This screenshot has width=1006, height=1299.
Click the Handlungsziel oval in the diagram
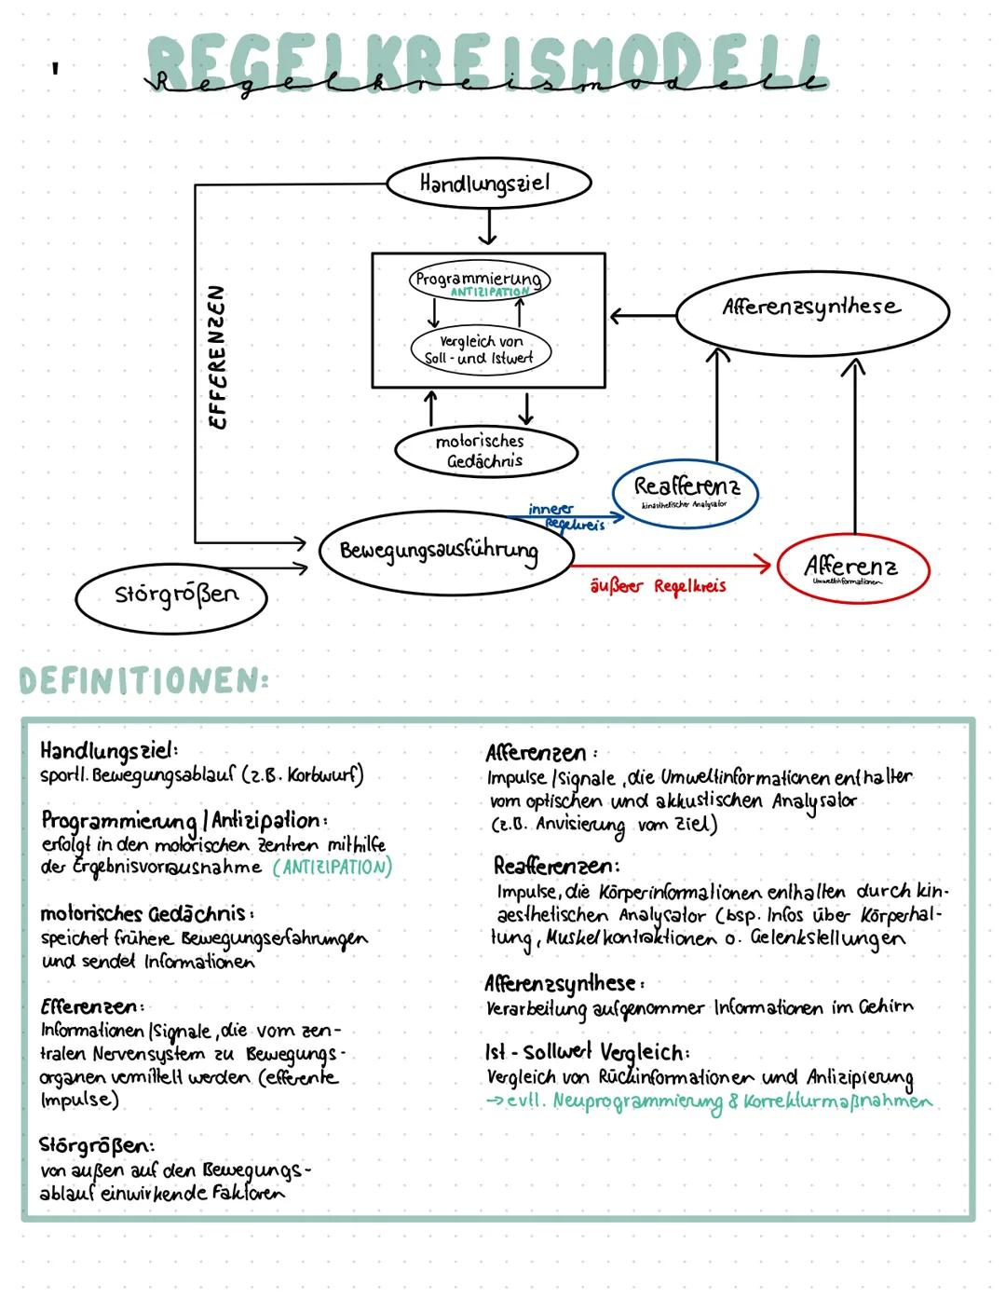pos(488,184)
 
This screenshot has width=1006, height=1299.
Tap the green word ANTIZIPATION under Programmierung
pos(490,293)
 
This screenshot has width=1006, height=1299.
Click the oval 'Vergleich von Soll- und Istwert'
pos(481,349)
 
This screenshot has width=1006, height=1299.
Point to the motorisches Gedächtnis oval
pos(485,451)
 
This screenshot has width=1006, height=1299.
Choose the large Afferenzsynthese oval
pos(811,309)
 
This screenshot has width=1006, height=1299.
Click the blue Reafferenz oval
pos(686,490)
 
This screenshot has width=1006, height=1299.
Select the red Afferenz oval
pos(850,567)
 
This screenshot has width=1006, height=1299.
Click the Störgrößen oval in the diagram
pos(172,595)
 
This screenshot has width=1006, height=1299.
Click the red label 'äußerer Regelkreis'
pos(658,586)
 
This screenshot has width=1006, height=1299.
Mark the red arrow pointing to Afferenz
pos(671,565)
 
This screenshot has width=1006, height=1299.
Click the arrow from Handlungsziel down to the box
pos(488,227)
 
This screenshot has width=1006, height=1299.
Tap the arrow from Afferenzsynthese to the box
pos(642,316)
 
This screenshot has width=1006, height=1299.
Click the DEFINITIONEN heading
pos(144,681)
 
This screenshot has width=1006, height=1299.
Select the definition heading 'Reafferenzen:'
pos(555,866)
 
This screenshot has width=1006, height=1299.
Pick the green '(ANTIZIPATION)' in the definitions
pos(333,868)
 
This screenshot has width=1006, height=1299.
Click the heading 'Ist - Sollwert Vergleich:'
pos(587,1052)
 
